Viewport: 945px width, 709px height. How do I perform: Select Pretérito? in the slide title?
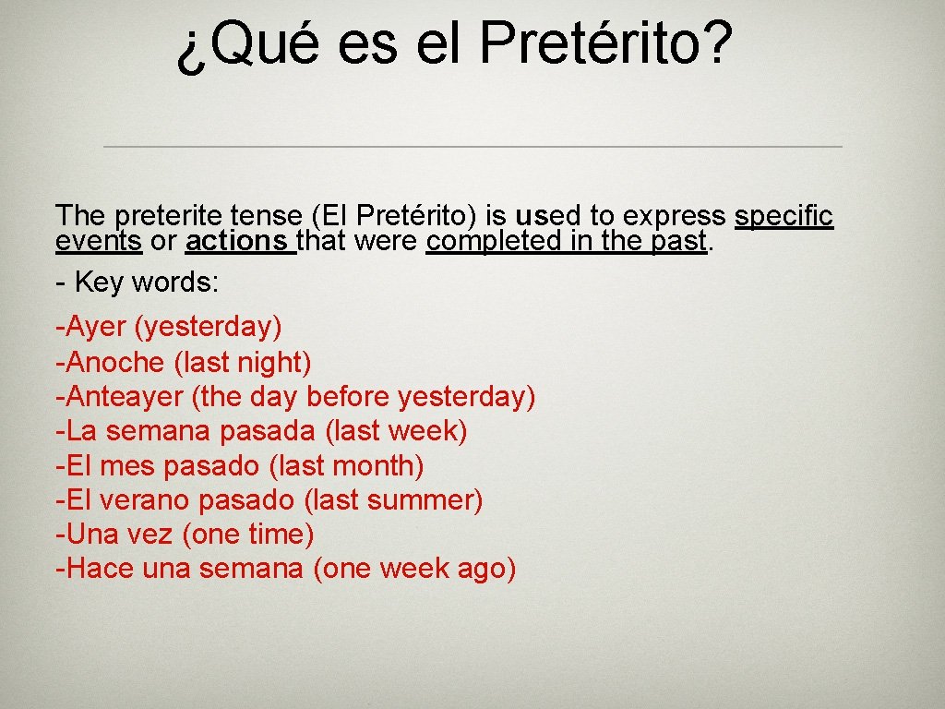point(607,43)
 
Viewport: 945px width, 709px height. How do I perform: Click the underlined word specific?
point(784,216)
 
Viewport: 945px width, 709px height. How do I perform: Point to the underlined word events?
point(98,241)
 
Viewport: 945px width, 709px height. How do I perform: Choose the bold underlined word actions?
point(237,241)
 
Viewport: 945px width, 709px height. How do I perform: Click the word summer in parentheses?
point(424,500)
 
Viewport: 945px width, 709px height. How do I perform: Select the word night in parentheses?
point(274,361)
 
